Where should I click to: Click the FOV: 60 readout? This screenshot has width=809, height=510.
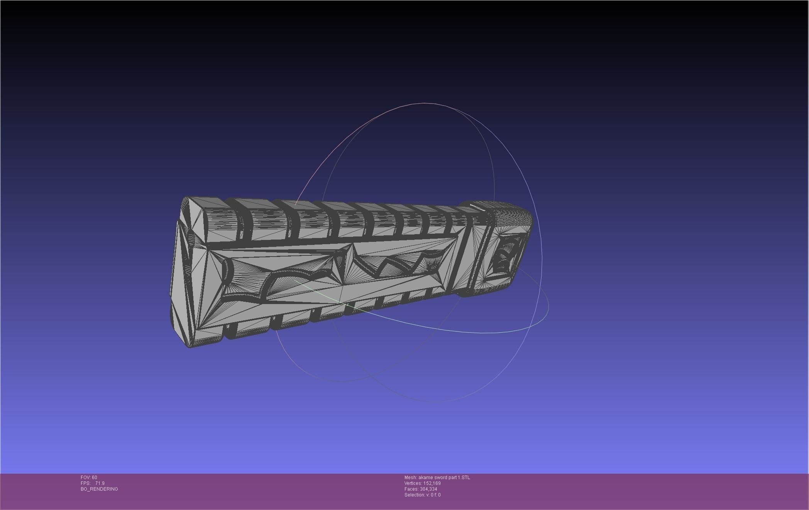coord(89,478)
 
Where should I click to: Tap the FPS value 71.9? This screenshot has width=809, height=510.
coord(100,483)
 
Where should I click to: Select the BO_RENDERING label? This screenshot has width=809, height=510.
coord(99,489)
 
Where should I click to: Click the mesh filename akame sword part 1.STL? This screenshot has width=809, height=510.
coord(444,478)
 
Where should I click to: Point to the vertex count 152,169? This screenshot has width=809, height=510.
coord(432,483)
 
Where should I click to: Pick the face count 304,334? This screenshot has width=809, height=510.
coord(428,489)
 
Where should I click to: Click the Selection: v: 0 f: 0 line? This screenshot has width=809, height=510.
coord(422,495)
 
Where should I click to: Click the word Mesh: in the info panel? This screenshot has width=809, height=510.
coord(410,478)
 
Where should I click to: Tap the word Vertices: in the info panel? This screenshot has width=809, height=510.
coord(413,483)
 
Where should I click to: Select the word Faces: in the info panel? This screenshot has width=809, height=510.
coord(411,489)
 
